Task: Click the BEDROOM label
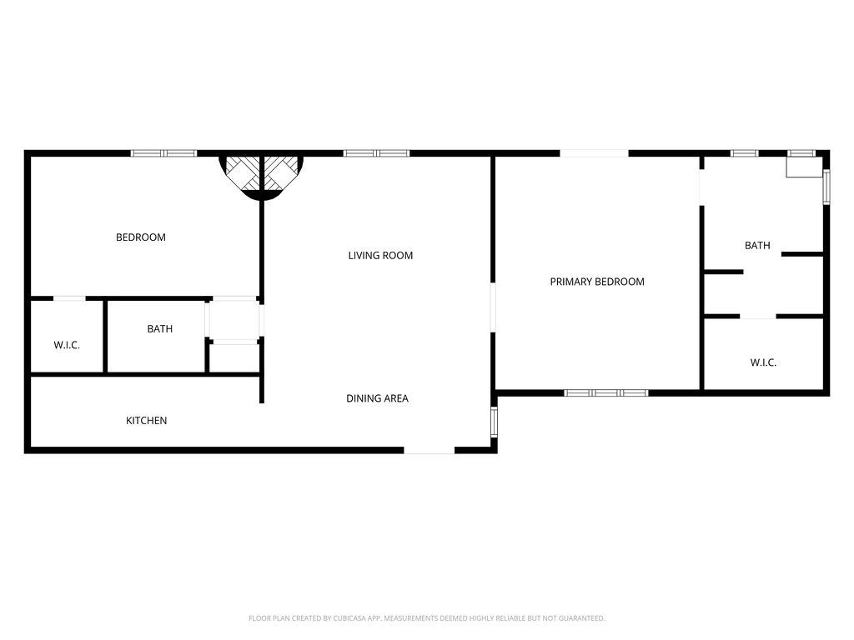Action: [x=140, y=237]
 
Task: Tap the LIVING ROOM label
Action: [x=380, y=256]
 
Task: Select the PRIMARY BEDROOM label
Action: [x=596, y=282]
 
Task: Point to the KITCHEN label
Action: [x=146, y=421]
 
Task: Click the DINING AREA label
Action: [x=377, y=398]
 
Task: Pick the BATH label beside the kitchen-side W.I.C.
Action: [x=159, y=329]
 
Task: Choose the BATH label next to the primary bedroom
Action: [x=756, y=246]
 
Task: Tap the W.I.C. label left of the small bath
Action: [x=67, y=345]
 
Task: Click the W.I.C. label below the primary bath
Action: [x=762, y=362]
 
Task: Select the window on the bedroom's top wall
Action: [x=163, y=153]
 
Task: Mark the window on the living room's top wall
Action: [x=376, y=153]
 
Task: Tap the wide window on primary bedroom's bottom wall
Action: [x=605, y=392]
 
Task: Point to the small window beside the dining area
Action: [x=494, y=422]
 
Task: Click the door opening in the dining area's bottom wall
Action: [x=429, y=451]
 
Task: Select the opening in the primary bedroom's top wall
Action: [x=593, y=153]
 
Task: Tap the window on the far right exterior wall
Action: [x=826, y=187]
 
